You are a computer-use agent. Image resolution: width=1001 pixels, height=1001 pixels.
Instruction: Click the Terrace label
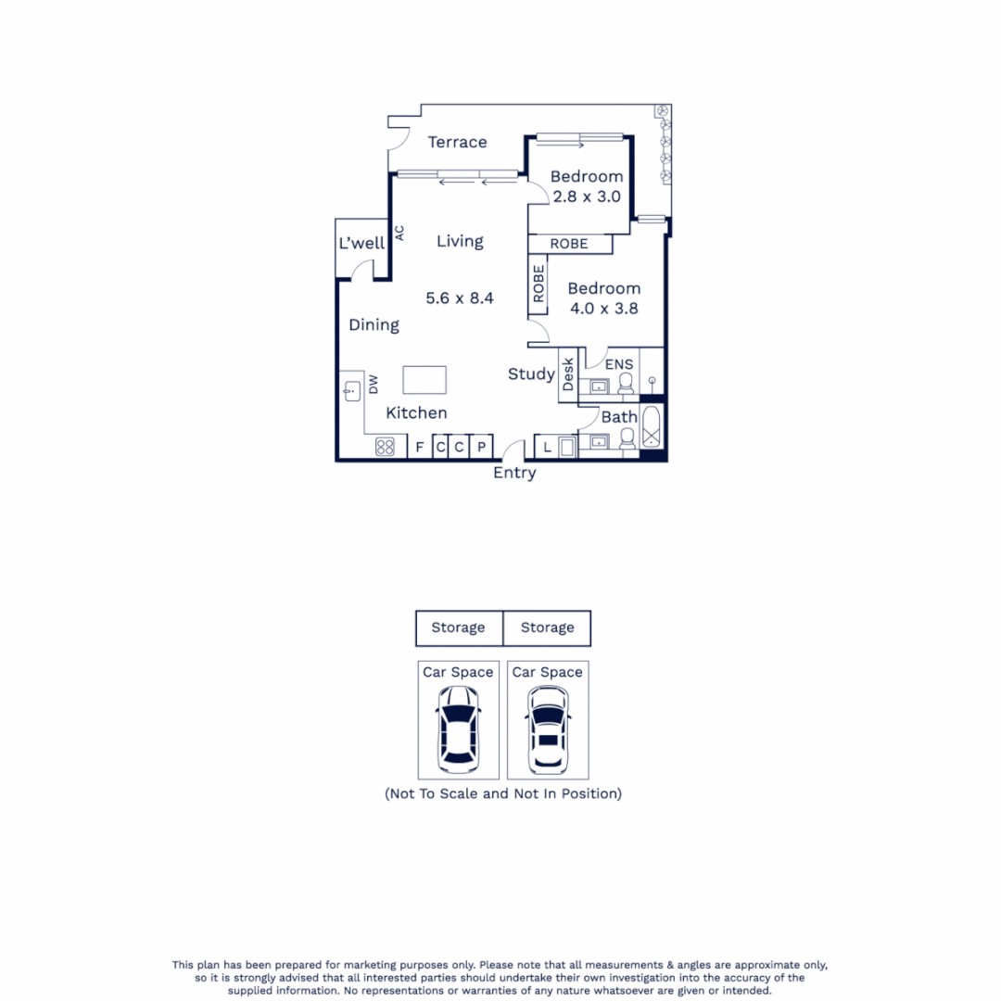point(457,142)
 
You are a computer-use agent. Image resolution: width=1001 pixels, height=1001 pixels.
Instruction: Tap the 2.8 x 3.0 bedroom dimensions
point(586,196)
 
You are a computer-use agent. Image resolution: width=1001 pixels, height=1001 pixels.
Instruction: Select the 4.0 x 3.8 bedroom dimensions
point(603,310)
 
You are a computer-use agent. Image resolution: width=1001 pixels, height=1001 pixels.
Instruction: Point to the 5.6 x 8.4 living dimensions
point(460,298)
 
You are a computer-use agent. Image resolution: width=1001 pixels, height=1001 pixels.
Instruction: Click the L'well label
point(361,244)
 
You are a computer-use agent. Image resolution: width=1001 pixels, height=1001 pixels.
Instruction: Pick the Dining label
point(374,325)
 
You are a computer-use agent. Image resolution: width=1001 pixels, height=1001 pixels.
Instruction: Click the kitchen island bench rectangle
point(424,381)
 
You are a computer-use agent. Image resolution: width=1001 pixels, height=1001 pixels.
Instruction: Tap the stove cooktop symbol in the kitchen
point(386,448)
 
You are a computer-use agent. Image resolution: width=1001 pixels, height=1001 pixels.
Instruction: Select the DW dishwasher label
point(374,385)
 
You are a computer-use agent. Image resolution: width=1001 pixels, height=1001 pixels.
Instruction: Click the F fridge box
point(420,448)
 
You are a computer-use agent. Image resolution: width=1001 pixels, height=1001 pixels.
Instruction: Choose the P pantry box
point(482,448)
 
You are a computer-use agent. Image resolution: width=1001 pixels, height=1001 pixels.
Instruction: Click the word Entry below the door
point(514,474)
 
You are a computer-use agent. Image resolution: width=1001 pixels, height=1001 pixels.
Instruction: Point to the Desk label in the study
point(568,374)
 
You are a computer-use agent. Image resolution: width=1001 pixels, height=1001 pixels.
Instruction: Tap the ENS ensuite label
point(619,364)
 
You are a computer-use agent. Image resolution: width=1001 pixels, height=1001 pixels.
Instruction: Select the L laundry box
point(548,448)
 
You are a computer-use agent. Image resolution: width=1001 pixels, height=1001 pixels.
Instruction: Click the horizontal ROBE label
point(569,244)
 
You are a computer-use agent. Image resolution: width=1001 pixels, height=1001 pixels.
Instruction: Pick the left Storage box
point(459,627)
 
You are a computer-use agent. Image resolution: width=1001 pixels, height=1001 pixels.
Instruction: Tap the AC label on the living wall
point(399,233)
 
